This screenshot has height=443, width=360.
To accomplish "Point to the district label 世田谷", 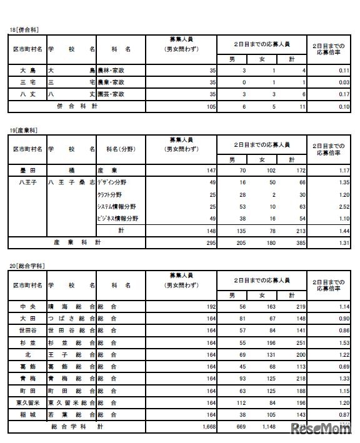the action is pos(27,331).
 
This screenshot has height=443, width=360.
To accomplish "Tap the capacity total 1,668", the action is pos(207,427).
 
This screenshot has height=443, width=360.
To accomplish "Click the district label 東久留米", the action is pos(27,403).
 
